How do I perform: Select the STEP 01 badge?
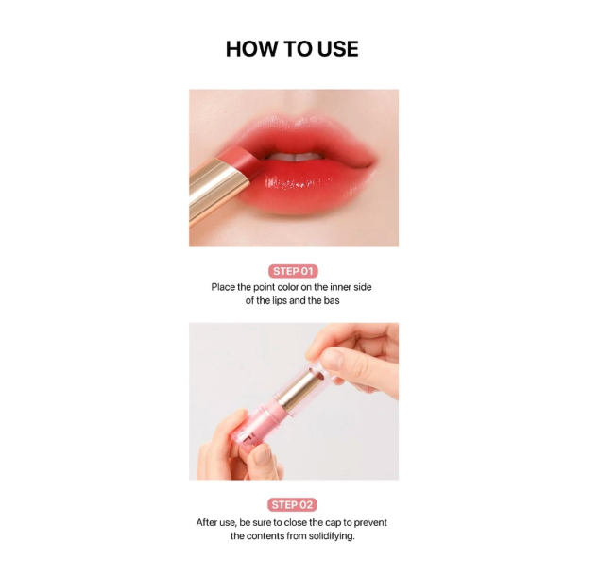pos(293,271)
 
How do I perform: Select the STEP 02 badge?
pos(293,504)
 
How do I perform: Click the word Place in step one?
pos(226,287)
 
